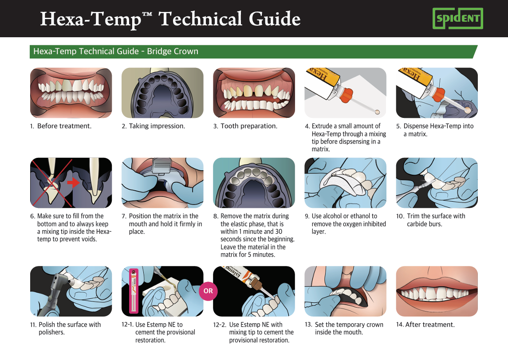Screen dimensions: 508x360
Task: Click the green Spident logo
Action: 457,19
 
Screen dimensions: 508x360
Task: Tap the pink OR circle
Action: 208,291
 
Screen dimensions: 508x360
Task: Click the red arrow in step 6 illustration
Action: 74,182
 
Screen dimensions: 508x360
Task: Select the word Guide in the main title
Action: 275,19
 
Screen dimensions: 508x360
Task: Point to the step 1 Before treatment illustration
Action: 71,93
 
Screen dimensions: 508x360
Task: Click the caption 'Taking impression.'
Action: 157,126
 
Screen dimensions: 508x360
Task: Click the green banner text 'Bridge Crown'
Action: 173,51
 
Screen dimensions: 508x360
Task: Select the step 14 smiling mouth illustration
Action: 437,291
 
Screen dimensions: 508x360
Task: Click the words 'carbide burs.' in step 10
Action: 425,224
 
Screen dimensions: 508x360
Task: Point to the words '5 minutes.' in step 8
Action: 261,255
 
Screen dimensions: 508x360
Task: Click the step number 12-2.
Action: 220,325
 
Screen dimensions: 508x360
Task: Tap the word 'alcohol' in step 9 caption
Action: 332,216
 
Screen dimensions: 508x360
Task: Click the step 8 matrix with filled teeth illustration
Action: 254,183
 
